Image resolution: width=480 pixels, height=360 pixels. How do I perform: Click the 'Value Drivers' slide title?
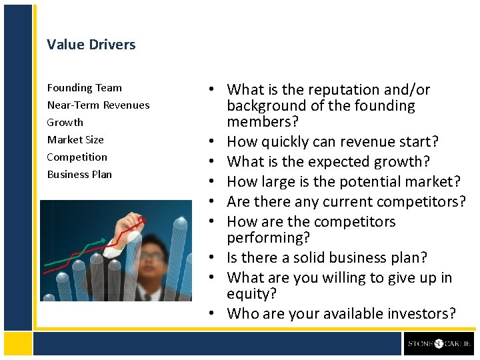tap(91, 45)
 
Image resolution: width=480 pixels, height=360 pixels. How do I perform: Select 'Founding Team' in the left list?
tap(84, 87)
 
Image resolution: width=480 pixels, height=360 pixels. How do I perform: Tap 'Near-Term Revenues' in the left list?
tap(98, 105)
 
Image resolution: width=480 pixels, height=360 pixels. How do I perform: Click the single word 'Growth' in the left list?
tap(65, 122)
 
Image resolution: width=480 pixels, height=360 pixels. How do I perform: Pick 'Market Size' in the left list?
tap(75, 139)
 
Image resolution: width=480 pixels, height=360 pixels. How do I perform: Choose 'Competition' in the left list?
tap(77, 157)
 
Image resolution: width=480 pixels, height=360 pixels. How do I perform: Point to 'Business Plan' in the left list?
tap(79, 174)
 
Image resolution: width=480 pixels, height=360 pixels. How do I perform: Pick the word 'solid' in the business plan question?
tap(313, 257)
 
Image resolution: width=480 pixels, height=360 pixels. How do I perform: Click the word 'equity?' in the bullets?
tap(251, 294)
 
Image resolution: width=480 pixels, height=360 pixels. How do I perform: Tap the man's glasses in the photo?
tap(152, 255)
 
